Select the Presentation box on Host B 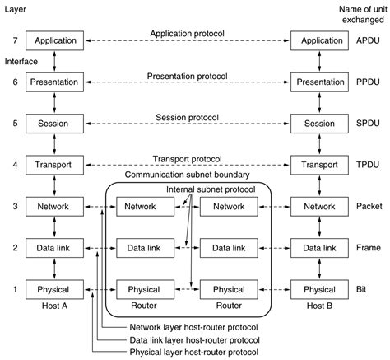point(320,82)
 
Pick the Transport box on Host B point(320,165)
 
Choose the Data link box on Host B point(320,248)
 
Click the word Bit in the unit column point(368,289)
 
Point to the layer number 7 point(10,40)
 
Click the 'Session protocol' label point(187,117)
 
